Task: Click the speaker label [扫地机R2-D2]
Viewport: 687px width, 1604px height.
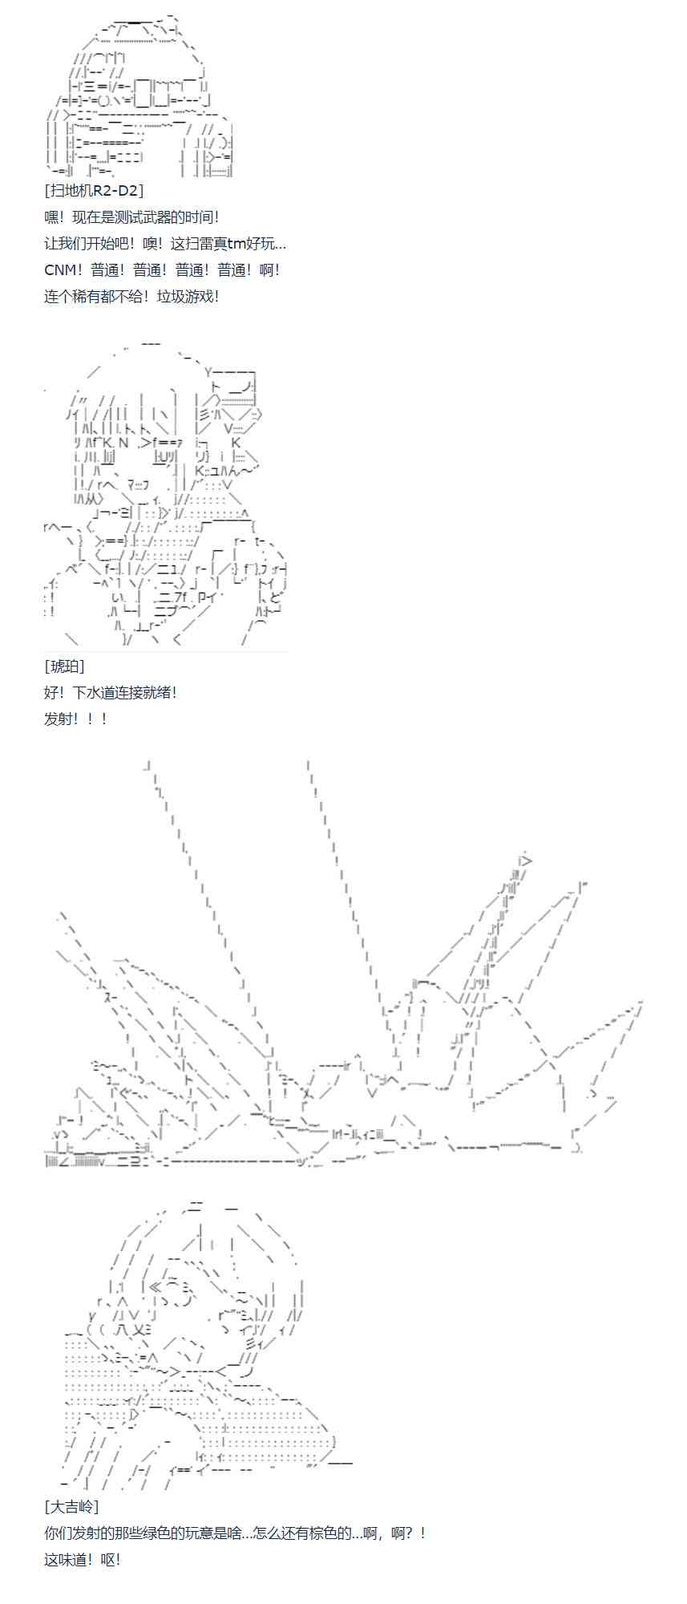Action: click(x=95, y=191)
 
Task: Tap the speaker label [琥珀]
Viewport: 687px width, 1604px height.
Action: click(x=65, y=666)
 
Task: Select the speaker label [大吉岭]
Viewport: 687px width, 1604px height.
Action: click(x=72, y=1507)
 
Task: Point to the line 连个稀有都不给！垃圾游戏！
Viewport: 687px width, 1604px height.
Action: click(x=131, y=297)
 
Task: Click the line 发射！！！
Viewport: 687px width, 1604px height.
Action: click(x=75, y=719)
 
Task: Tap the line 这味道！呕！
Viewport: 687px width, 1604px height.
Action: click(x=82, y=1560)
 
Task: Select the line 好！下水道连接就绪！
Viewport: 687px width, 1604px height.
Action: click(x=111, y=693)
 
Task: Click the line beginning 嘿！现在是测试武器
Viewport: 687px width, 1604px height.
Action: click(x=131, y=217)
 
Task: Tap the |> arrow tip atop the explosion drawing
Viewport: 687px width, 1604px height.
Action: click(x=525, y=860)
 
